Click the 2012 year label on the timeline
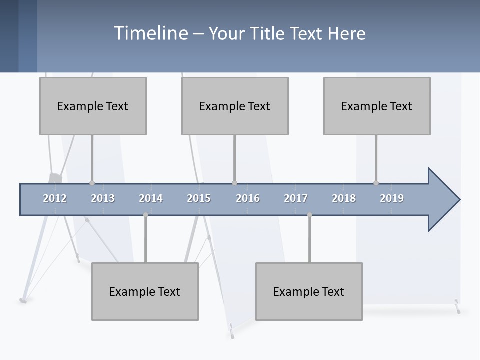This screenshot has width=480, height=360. pyautogui.click(x=55, y=198)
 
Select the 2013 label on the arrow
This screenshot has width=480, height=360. pyautogui.click(x=103, y=198)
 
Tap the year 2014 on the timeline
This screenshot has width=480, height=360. pyautogui.click(x=151, y=198)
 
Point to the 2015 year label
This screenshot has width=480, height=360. pyautogui.click(x=199, y=198)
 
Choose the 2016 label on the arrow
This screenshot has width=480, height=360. pyautogui.click(x=248, y=198)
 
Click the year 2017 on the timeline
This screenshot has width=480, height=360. pyautogui.click(x=296, y=198)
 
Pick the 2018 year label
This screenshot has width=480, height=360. pyautogui.click(x=344, y=198)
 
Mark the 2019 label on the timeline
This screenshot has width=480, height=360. pyautogui.click(x=392, y=198)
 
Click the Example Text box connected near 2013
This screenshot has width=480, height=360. pyautogui.click(x=93, y=106)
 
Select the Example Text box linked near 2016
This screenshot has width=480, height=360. pyautogui.click(x=235, y=106)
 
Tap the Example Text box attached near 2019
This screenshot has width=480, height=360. pyautogui.click(x=377, y=106)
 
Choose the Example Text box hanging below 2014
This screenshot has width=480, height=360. pyautogui.click(x=145, y=291)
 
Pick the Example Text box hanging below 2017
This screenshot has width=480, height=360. pyautogui.click(x=309, y=291)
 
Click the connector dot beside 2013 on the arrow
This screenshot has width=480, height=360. pyautogui.click(x=92, y=183)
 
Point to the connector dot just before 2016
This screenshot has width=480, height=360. pyautogui.click(x=234, y=183)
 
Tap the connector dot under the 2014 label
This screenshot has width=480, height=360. pyautogui.click(x=145, y=215)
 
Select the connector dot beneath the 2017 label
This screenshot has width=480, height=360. pyautogui.click(x=309, y=215)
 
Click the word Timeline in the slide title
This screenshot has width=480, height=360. pyautogui.click(x=150, y=33)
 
